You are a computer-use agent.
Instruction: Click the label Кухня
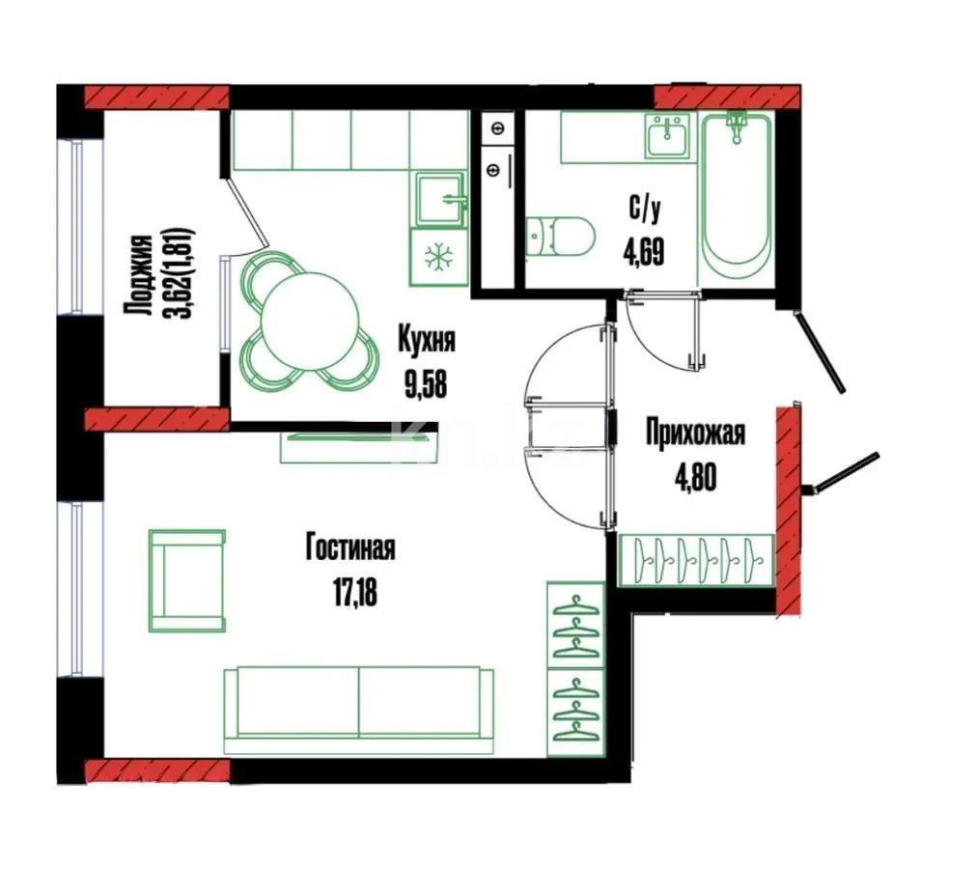(426, 341)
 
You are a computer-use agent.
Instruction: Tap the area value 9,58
(426, 386)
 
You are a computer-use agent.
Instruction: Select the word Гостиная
(350, 548)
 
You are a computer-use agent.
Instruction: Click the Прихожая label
(695, 434)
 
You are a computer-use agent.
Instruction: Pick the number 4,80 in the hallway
(695, 479)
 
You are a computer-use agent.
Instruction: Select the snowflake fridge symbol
(439, 257)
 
